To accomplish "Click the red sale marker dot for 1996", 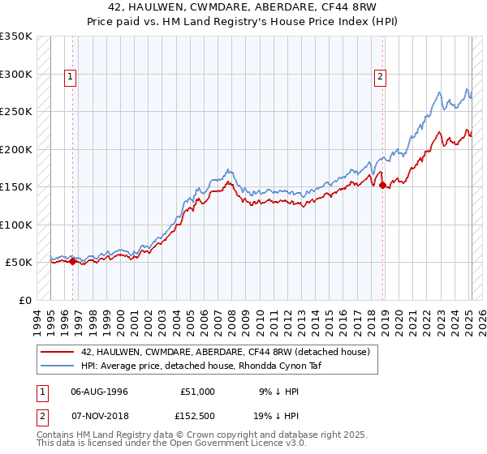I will pos(72,262).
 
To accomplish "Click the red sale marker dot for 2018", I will pos(382,186).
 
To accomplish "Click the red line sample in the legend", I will pos(57,352).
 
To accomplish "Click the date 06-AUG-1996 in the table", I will pos(99,392).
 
